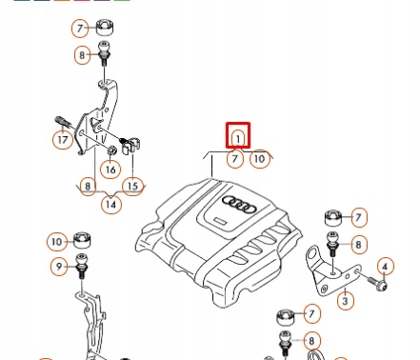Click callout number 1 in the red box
click(x=238, y=138)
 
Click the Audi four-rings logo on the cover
click(x=239, y=204)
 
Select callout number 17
click(x=63, y=140)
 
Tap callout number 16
click(x=110, y=170)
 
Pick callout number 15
click(x=133, y=186)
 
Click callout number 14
click(x=111, y=204)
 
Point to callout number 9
click(x=59, y=266)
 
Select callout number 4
click(x=386, y=267)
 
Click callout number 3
click(x=346, y=300)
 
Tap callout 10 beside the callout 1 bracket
click(x=260, y=159)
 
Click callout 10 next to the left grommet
click(x=57, y=242)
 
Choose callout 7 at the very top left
click(x=80, y=29)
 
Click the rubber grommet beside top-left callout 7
click(x=105, y=28)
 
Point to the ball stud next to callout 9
click(x=82, y=266)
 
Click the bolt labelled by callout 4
click(x=377, y=284)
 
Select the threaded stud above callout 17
click(x=63, y=122)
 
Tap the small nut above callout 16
click(x=111, y=150)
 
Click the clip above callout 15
click(x=130, y=146)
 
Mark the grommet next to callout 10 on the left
click(x=82, y=240)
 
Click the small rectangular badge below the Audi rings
click(x=221, y=221)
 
